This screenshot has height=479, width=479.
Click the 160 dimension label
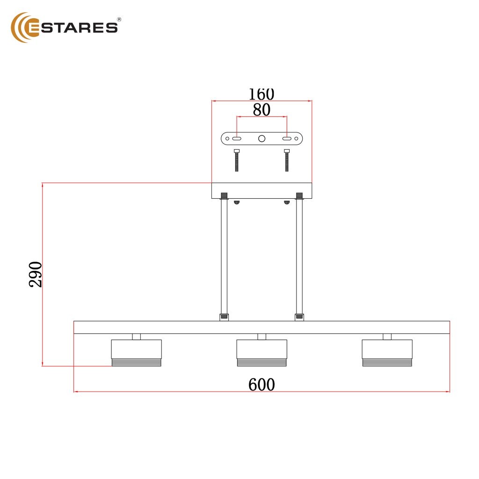pyautogui.click(x=261, y=94)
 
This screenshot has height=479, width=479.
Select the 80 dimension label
pyautogui.click(x=261, y=109)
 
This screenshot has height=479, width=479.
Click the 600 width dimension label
pyautogui.click(x=261, y=385)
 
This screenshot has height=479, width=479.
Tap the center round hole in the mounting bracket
pyautogui.click(x=262, y=138)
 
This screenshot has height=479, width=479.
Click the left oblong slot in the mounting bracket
pyautogui.click(x=237, y=138)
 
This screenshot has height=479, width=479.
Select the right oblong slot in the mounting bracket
pyautogui.click(x=287, y=138)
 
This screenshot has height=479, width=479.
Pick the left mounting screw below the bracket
pyautogui.click(x=237, y=160)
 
